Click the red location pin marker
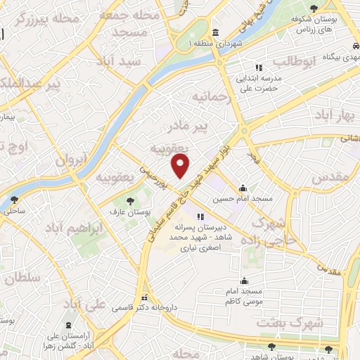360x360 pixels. [181, 166]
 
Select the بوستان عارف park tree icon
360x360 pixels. [129, 202]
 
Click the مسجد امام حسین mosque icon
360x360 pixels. [243, 188]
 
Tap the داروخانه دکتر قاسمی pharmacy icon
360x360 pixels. [144, 297]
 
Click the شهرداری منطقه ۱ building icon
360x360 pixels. [214, 32]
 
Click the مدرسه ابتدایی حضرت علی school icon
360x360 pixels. [258, 67]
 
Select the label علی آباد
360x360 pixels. [84, 304]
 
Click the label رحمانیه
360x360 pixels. [211, 94]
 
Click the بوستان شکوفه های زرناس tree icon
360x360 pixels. [333, 7]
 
